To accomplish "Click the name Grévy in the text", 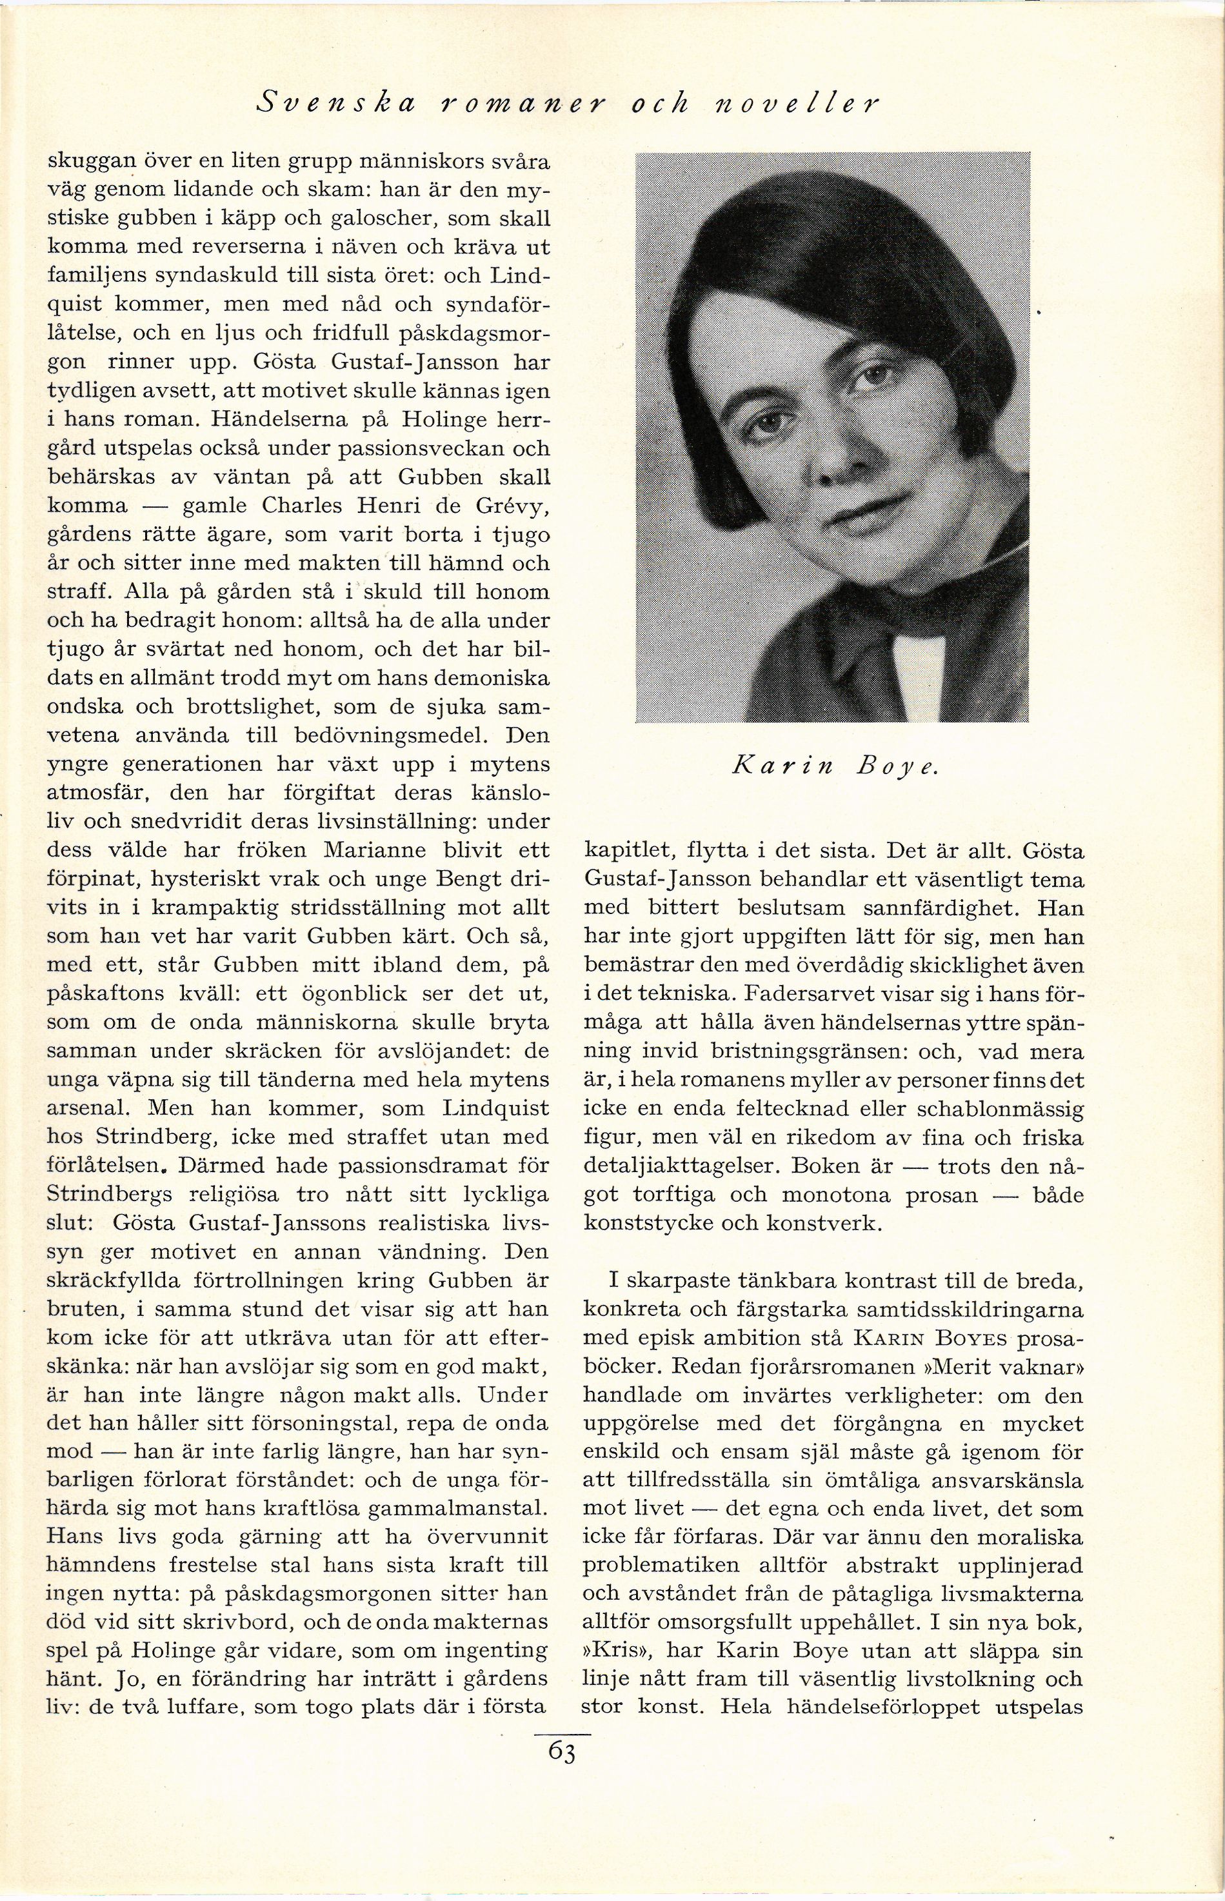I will coord(504,506).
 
